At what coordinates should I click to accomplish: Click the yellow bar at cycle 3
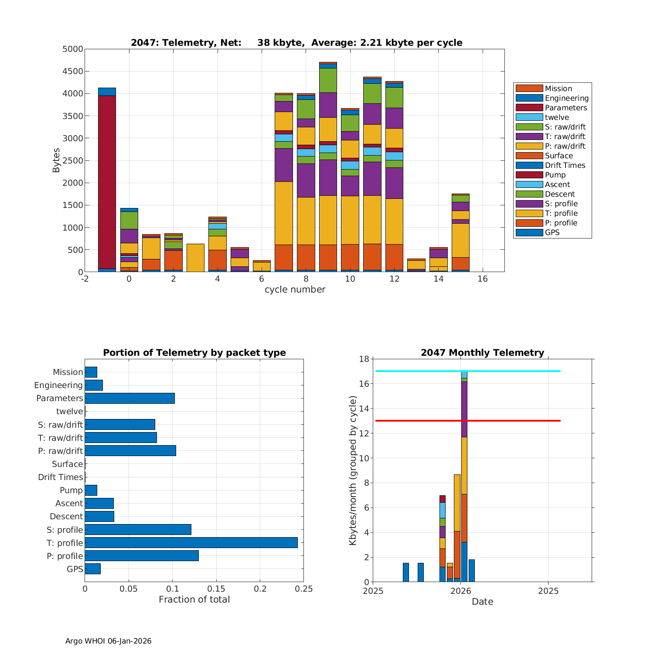coord(195,258)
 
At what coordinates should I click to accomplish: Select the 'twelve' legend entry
coord(557,117)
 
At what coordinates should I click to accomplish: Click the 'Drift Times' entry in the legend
coord(565,165)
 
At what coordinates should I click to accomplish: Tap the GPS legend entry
coord(552,232)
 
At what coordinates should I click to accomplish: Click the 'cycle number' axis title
coord(295,290)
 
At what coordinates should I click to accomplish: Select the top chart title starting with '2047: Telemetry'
coord(296,43)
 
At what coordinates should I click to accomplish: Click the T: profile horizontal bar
coord(191,543)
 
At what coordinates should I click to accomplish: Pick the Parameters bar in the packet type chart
coord(129,398)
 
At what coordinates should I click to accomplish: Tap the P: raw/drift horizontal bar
coord(130,451)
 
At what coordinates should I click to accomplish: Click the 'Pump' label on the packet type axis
coord(71,490)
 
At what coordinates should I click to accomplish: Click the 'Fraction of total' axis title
coord(194,599)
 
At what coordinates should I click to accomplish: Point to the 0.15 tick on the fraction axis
coord(216,589)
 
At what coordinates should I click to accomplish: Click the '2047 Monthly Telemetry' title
coord(482,353)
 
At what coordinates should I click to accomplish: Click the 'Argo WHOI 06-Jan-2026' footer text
coord(108,641)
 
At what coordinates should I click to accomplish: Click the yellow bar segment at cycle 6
coord(262,266)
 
